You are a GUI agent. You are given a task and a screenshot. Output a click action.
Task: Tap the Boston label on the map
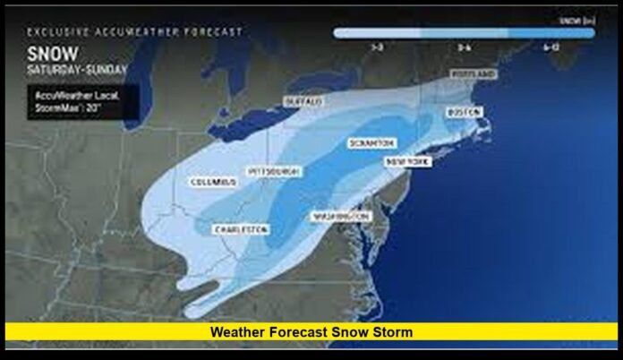tap(464, 112)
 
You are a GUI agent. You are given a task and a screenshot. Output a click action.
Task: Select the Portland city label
tap(472, 73)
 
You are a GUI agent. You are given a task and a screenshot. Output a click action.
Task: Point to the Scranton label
tap(370, 143)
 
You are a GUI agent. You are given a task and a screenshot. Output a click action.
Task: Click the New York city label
tap(407, 161)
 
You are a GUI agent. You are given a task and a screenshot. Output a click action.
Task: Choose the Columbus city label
tap(214, 182)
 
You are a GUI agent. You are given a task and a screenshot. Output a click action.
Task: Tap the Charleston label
tap(241, 229)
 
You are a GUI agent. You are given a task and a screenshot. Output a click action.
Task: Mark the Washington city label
tap(340, 217)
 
